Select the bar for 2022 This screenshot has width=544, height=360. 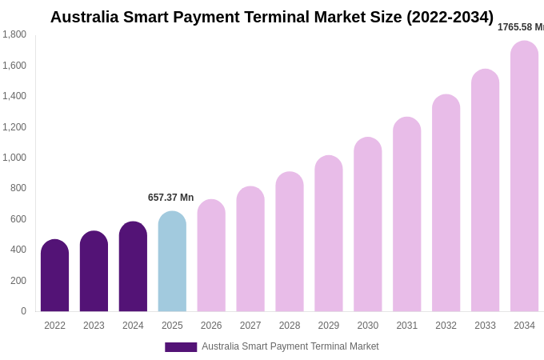tap(54, 276)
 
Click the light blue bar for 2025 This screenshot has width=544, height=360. tap(172, 262)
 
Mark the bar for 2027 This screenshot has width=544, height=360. tap(250, 249)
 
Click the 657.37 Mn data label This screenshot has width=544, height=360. tap(170, 198)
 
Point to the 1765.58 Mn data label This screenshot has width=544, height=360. tap(521, 27)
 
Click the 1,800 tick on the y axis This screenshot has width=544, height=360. tap(14, 34)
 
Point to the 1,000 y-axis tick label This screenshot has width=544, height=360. tap(14, 158)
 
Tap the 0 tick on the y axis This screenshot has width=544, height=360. tap(23, 311)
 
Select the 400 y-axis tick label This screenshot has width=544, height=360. tap(18, 250)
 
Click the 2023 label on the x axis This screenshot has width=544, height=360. tap(94, 326)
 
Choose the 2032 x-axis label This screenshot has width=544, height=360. tap(446, 326)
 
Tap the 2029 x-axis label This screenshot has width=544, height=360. tap(329, 326)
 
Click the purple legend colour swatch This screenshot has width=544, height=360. tap(181, 347)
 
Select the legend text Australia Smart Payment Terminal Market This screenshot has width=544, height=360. tap(290, 346)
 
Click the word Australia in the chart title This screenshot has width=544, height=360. tap(84, 17)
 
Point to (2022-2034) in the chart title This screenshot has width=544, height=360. tap(450, 17)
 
